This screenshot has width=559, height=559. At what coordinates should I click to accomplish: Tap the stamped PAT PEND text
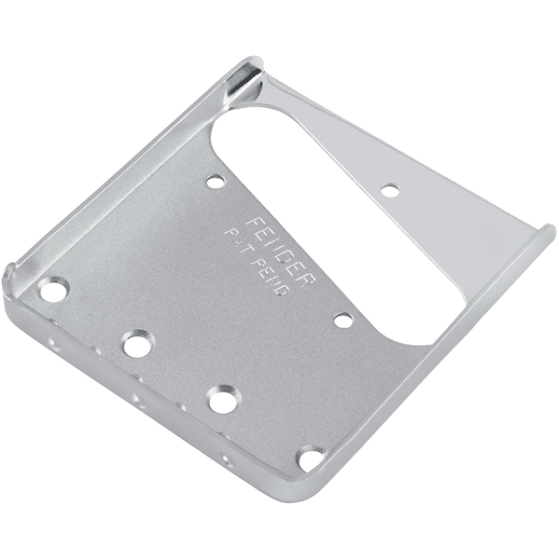[x=259, y=261]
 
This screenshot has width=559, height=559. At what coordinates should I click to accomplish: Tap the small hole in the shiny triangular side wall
[x=390, y=189]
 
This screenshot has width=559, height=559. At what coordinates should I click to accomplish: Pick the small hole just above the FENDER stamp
[x=216, y=182]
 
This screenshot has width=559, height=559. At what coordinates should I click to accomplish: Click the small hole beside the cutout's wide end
[x=344, y=321]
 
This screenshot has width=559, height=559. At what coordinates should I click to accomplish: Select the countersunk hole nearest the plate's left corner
[x=54, y=289]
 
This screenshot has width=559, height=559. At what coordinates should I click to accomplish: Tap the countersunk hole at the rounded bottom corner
[x=310, y=458]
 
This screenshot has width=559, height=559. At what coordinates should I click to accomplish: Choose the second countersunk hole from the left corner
[x=137, y=344]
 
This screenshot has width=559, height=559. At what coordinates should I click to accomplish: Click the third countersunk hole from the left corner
[x=222, y=400]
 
